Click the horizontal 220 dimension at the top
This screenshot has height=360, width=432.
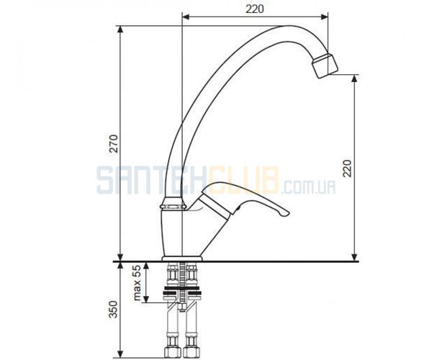[x=255, y=9]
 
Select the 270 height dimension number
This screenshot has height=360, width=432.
[x=114, y=143]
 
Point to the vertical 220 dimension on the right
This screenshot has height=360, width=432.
[x=347, y=168]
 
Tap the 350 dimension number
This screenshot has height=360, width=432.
[x=113, y=309]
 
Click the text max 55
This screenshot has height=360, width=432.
[x=137, y=283]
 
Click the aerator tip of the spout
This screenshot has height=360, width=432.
[x=325, y=66]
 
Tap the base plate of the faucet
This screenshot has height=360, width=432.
[x=182, y=258]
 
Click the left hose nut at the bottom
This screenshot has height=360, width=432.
[x=173, y=352]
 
